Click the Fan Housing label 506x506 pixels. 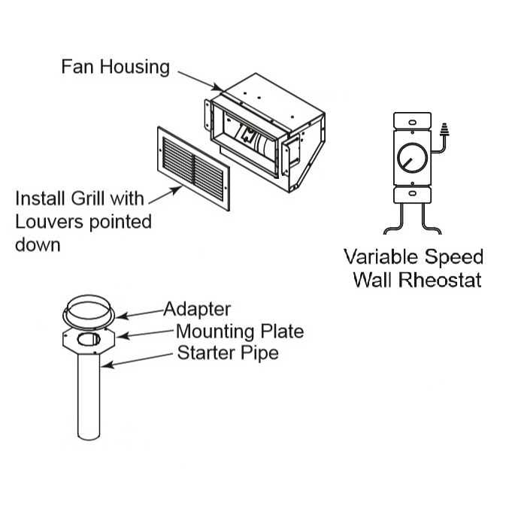[115, 66]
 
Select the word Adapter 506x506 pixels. [197, 309]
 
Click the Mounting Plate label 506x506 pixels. [239, 331]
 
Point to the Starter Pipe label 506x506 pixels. [227, 352]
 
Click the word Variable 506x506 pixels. [378, 256]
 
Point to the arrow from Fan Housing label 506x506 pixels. [197, 80]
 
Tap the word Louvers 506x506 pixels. [53, 223]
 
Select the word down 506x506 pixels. [38, 245]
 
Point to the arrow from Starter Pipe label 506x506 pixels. [139, 359]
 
